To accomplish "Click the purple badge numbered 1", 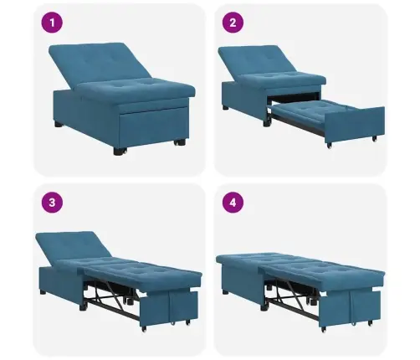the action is pos(52,23).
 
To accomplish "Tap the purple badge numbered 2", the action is pos(233,23).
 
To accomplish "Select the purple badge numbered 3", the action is pos(52,203).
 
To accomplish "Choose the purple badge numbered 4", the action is pos(233,203).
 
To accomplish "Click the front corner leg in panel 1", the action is pos(120,152).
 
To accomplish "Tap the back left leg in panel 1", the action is pos(59,124).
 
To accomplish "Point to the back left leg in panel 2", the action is pos(225,107).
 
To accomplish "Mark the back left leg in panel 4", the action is pos(226,292).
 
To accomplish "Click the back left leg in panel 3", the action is pos(43,292).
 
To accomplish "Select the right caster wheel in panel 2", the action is pos(375,138).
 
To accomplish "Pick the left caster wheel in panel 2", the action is pos(330,146).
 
